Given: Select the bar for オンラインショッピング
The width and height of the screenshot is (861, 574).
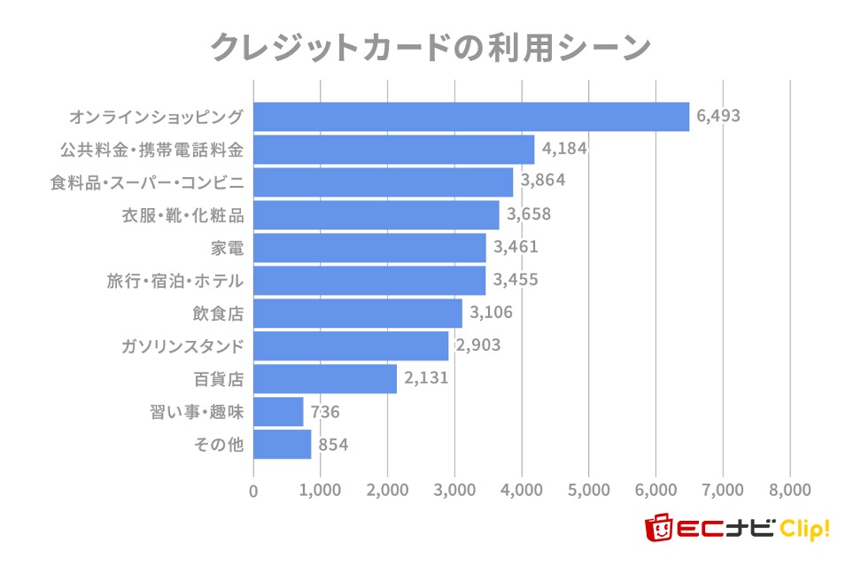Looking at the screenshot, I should click(x=471, y=117).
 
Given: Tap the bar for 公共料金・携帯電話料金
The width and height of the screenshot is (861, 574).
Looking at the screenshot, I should click(x=394, y=150).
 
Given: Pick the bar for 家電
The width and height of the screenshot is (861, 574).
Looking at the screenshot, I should click(x=369, y=248).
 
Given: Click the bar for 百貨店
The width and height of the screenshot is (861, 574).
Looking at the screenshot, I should click(x=325, y=379).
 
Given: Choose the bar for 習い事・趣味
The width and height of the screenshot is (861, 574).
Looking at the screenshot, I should click(x=278, y=412).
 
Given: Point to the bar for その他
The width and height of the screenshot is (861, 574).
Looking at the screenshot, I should click(x=282, y=445).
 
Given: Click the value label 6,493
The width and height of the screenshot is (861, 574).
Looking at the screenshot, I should click(x=717, y=115).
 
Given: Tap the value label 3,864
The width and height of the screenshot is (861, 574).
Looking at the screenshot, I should click(x=542, y=181).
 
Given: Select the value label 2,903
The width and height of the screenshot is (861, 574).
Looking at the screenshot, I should click(x=477, y=345).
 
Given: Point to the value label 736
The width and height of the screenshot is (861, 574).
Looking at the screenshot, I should click(x=325, y=412).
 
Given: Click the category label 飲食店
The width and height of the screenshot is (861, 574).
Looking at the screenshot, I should click(x=218, y=313).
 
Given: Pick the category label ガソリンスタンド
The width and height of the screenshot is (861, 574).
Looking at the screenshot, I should click(x=182, y=345).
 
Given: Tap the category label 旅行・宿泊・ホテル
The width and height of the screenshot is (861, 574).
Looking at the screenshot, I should click(x=175, y=281).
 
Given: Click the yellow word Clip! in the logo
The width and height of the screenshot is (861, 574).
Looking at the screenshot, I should click(x=804, y=530).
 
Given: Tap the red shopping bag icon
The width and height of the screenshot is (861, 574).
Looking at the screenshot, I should click(x=657, y=529).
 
